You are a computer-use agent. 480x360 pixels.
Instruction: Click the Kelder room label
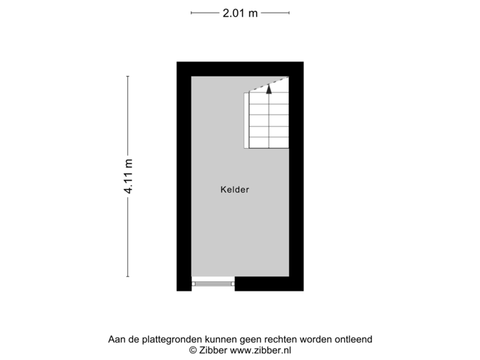[x=235, y=190]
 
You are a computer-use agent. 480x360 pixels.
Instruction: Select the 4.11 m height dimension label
[x=127, y=177]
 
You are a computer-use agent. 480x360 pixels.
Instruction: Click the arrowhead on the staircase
[x=269, y=88]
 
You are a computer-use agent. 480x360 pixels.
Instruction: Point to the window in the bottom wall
[x=213, y=284]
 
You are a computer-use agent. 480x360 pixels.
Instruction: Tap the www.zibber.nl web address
[x=261, y=350]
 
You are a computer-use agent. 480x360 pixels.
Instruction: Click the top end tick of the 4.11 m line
[x=127, y=76]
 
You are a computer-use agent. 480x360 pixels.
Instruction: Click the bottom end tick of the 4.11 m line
[x=127, y=277]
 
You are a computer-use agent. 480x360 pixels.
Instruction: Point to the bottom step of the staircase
[x=269, y=143]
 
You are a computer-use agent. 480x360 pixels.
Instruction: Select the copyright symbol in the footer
[x=193, y=350]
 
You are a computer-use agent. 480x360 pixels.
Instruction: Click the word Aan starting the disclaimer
[x=116, y=339]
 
